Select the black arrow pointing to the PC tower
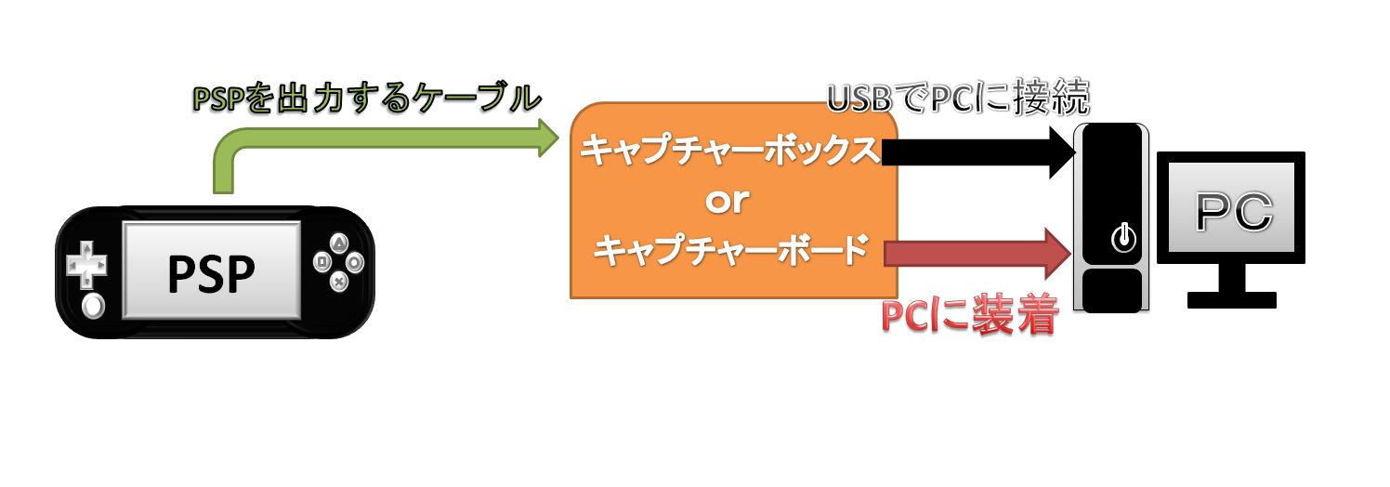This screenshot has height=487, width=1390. [976, 151]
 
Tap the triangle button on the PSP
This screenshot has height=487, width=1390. [340, 243]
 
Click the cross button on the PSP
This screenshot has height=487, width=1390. [340, 280]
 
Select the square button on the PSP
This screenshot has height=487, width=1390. [322, 262]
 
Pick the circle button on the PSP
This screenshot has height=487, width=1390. [357, 262]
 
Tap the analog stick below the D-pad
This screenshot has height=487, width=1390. [91, 306]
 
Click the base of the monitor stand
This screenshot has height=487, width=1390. [1232, 299]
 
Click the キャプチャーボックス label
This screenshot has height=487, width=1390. [729, 151]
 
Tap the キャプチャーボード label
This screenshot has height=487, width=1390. [729, 250]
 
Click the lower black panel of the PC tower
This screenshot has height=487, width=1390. [1110, 290]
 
